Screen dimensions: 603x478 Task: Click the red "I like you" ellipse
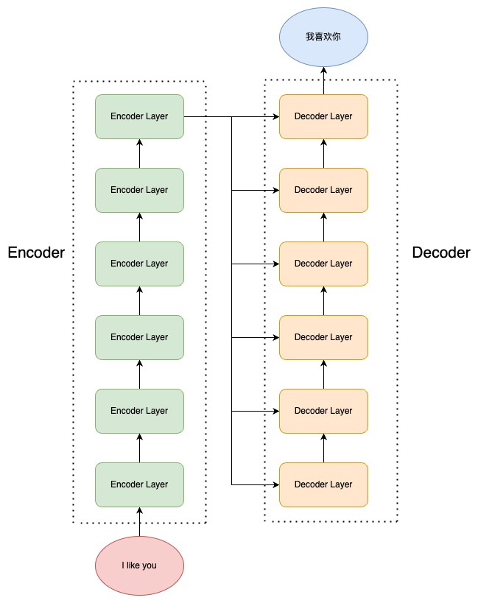pos(139,566)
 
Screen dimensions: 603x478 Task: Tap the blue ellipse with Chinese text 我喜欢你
pos(323,37)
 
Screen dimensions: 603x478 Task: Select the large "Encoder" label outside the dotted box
pos(36,253)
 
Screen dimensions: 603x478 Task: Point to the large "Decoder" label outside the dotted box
pos(441,253)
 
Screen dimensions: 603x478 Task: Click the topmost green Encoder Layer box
pos(139,116)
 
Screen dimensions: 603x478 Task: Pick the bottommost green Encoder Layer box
pos(139,484)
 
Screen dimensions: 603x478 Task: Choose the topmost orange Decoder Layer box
pos(323,116)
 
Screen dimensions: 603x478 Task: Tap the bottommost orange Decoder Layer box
pos(323,484)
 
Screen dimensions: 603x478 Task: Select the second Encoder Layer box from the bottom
pos(139,411)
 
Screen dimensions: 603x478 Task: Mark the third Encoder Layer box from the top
pos(139,264)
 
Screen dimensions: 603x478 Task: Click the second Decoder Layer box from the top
pos(323,190)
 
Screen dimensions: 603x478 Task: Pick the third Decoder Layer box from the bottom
pos(323,337)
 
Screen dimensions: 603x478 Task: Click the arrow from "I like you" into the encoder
pos(139,521)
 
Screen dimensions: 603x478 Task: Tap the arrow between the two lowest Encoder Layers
pos(139,448)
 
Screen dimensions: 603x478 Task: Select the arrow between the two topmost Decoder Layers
pos(323,153)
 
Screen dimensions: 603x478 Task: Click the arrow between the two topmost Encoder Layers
pos(139,153)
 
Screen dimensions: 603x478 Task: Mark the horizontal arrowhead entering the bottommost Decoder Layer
pos(275,484)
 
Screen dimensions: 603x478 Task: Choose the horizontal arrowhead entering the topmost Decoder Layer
pos(275,116)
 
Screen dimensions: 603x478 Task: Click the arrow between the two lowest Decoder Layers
pos(323,448)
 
